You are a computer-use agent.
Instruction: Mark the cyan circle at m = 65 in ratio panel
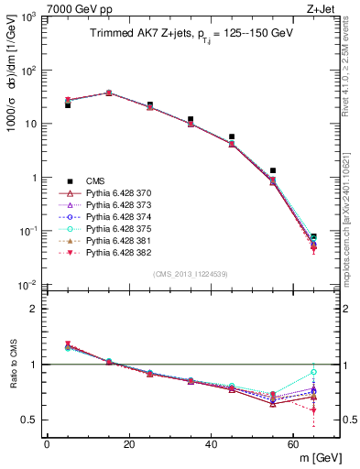pyautogui.click(x=314, y=372)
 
